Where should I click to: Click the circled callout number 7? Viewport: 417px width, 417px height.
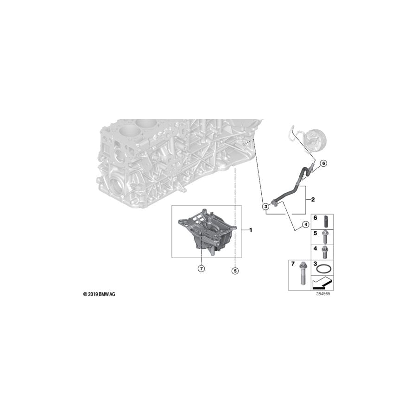coord(202,269)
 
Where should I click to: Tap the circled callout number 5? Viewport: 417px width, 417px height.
coord(235,271)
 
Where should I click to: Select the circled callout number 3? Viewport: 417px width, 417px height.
coord(265,206)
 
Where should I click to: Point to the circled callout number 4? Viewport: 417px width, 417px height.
coord(306,225)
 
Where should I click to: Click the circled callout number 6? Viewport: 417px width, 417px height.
coord(323,163)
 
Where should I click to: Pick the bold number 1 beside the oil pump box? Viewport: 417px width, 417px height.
coord(250,230)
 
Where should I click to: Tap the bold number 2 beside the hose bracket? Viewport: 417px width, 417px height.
coord(313,199)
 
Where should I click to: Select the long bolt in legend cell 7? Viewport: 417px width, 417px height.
coord(303,273)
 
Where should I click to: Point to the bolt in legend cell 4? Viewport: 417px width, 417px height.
coord(324,253)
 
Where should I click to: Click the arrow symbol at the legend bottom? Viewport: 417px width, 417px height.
coord(322,283)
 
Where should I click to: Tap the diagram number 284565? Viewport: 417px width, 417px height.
coord(323,294)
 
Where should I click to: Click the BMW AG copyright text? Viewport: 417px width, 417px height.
coord(99,294)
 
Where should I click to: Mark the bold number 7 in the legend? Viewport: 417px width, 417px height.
coord(293,264)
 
